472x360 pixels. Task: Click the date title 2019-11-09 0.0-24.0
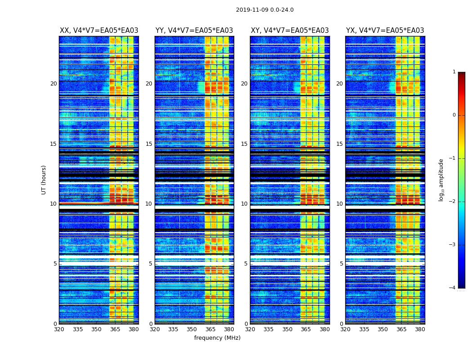click(265, 10)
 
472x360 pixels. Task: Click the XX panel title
click(99, 31)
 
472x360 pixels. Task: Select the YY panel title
click(194, 31)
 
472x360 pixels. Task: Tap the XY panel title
click(289, 31)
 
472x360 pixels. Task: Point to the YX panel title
click(385, 31)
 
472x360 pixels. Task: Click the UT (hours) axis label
click(44, 180)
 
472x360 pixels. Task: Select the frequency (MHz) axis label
click(217, 338)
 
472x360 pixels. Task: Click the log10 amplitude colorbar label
click(441, 180)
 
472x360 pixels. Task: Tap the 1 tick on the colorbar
click(454, 72)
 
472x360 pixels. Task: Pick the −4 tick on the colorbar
click(453, 288)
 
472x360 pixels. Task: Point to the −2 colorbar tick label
click(453, 202)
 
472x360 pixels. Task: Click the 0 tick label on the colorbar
click(454, 115)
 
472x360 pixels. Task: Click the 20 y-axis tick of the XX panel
click(53, 84)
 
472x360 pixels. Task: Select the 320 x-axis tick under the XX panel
click(59, 329)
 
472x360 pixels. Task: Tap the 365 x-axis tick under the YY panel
click(210, 329)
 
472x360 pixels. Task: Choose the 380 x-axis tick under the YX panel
click(420, 329)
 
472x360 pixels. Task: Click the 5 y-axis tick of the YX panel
click(341, 264)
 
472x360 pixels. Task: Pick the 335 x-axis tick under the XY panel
click(268, 329)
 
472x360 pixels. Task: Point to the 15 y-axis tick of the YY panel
click(149, 144)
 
